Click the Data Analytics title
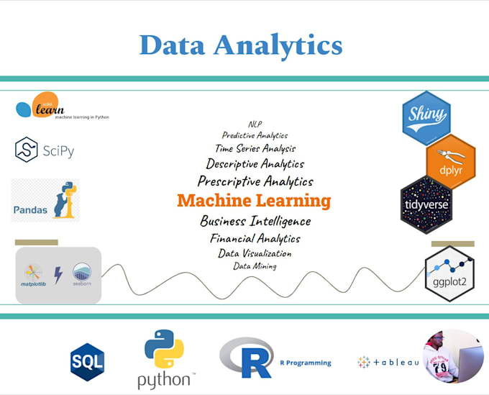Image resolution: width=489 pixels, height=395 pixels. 241,45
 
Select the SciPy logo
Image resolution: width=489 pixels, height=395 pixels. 45,150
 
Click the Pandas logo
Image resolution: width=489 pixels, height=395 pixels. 45,201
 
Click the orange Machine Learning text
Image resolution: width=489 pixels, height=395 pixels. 254,201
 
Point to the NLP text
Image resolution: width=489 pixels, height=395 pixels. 255,124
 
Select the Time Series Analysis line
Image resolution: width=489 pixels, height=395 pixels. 255,148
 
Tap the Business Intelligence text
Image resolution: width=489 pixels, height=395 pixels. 255,221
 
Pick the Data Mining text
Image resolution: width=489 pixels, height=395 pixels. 255,266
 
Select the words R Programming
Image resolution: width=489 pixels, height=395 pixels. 306,363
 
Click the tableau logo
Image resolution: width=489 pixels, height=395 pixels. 388,362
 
